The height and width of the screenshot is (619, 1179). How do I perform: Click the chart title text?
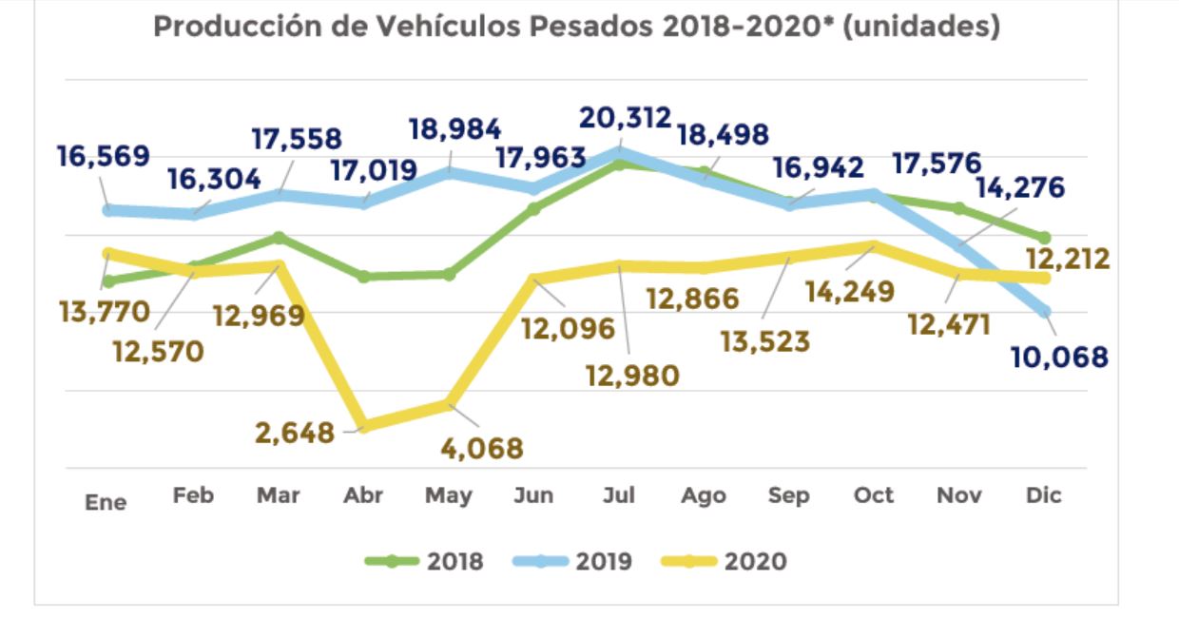576,28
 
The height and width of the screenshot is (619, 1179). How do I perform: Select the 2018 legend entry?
425,561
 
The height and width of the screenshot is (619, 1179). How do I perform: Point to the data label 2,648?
295,434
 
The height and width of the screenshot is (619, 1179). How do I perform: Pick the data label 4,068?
483,447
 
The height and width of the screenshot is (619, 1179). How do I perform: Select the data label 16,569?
104,156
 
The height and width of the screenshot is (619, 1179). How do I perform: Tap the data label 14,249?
850,291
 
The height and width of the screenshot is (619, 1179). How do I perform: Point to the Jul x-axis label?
619,495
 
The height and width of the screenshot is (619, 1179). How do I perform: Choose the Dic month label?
1043,495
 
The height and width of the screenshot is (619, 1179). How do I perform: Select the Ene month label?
106,501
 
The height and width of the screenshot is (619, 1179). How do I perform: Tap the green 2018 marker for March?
279,237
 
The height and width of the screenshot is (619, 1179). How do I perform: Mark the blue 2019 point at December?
1044,311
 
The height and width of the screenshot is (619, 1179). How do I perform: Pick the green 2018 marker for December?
1044,238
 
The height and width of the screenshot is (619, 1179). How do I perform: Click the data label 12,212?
1069,259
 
